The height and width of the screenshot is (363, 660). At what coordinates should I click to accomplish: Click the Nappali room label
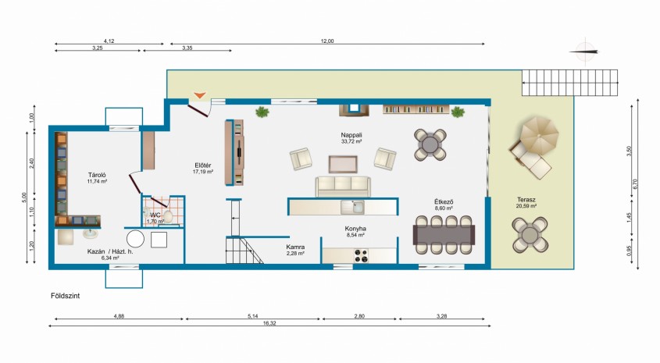pyautogui.click(x=351, y=135)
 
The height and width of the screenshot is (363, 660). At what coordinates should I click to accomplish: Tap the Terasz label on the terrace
pyautogui.click(x=526, y=200)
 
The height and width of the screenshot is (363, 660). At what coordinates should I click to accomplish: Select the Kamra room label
pyautogui.click(x=295, y=247)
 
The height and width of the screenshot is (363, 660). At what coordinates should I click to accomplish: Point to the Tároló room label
pyautogui.click(x=97, y=175)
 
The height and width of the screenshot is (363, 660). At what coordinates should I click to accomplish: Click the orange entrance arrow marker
pyautogui.click(x=199, y=95)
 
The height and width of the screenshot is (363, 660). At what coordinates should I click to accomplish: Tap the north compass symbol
pyautogui.click(x=585, y=52)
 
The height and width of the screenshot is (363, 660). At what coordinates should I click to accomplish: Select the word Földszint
pyautogui.click(x=66, y=296)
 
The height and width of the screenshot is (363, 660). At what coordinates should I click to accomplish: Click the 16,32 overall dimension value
pyautogui.click(x=269, y=323)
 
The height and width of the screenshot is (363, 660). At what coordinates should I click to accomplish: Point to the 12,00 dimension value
pyautogui.click(x=327, y=41)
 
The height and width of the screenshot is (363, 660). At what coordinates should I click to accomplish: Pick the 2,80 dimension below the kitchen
pyautogui.click(x=359, y=316)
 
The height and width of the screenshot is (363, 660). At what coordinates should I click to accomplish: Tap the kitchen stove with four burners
pyautogui.click(x=360, y=255)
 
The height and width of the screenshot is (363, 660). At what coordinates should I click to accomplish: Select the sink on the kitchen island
pyautogui.click(x=353, y=207)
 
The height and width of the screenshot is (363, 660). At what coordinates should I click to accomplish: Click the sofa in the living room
pyautogui.click(x=343, y=187)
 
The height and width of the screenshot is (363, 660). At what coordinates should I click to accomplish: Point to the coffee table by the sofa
pyautogui.click(x=343, y=165)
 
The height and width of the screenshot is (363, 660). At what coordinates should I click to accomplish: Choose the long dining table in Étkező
pyautogui.click(x=444, y=235)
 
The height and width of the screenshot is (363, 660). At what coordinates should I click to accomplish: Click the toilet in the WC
pyautogui.click(x=167, y=216)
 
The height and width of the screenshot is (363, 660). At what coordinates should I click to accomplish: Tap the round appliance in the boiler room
pyautogui.click(x=136, y=239)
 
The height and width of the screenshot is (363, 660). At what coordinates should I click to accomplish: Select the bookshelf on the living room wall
pyautogui.click(x=416, y=109)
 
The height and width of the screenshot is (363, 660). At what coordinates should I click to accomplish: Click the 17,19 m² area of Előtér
pyautogui.click(x=203, y=172)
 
